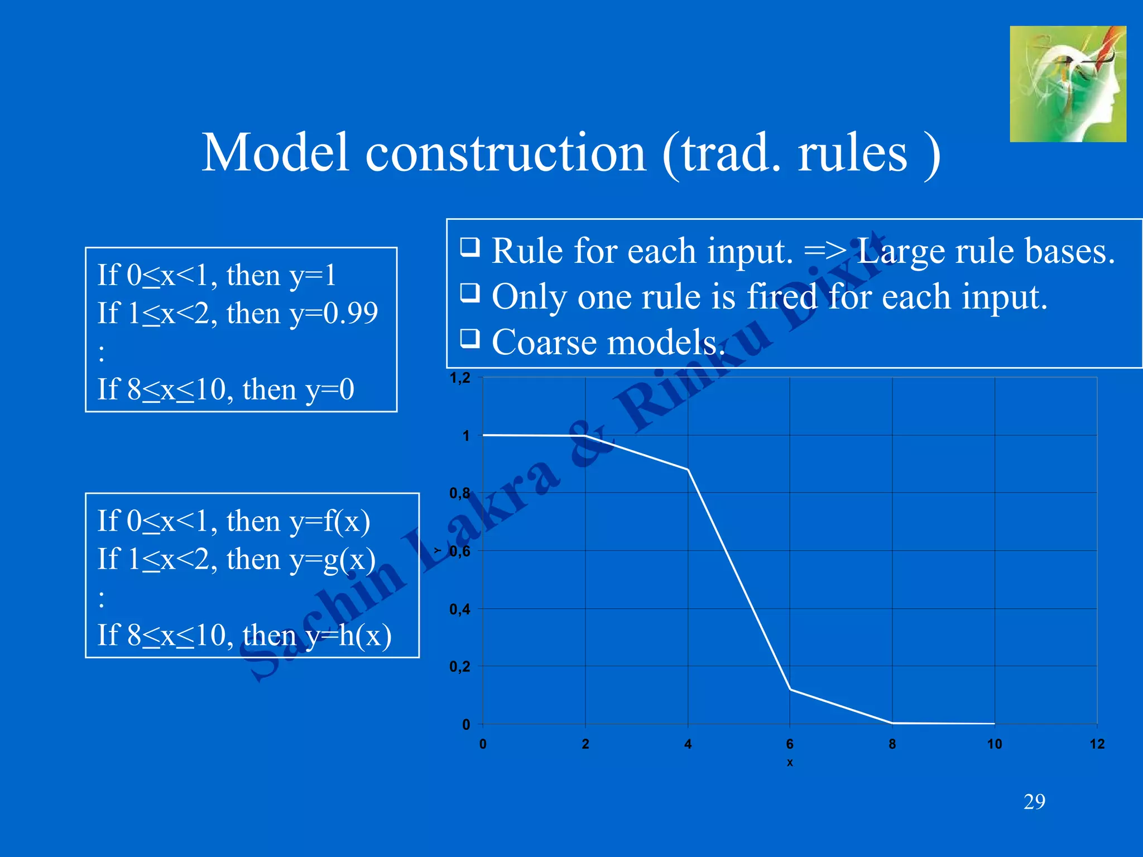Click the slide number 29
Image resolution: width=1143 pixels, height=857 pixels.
(x=1034, y=802)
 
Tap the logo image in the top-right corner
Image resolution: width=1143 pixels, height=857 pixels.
(x=1068, y=84)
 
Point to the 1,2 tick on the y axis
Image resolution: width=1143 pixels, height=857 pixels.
(x=460, y=378)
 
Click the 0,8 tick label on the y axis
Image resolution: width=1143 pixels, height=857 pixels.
(x=460, y=493)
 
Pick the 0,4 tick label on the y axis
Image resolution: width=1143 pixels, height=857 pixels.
(x=460, y=609)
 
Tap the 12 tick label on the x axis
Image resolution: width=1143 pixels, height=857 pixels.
(x=1097, y=744)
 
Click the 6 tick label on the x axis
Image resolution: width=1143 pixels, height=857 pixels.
(x=790, y=744)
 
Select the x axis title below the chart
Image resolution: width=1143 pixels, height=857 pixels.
(x=790, y=762)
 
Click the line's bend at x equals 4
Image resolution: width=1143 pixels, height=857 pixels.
(x=688, y=470)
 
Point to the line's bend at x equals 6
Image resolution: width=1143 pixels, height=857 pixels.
(x=790, y=690)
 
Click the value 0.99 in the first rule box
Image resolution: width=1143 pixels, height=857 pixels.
(x=350, y=313)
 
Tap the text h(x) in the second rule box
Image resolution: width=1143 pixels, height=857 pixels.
(x=365, y=635)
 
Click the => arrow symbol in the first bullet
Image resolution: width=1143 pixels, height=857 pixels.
(x=825, y=251)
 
